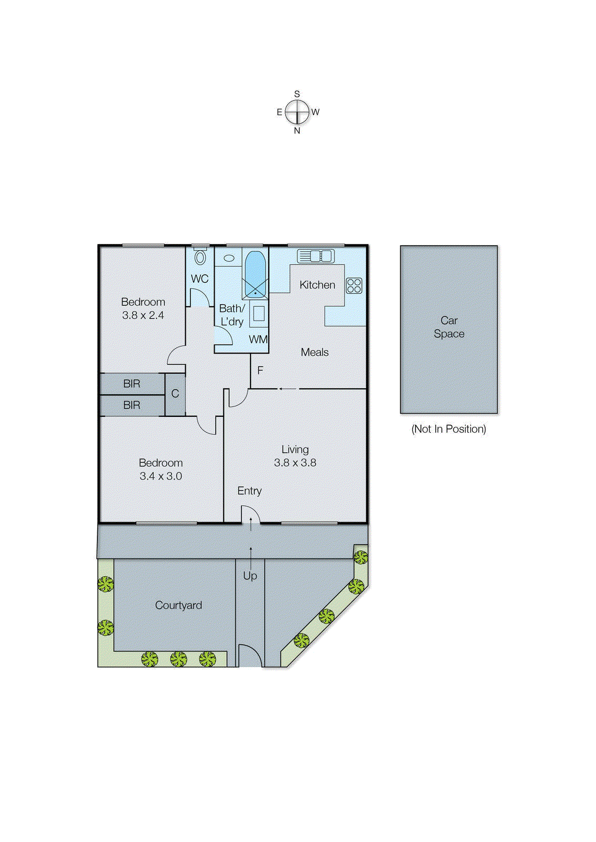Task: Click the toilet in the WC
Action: pos(200,257)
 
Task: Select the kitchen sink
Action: pos(316,256)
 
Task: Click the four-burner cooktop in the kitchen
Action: pos(354,286)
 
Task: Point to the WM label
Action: pos(258,339)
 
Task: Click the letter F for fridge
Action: pos(260,370)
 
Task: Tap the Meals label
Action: pos(315,353)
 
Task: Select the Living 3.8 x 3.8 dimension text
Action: pos(295,463)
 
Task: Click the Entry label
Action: pos(249,491)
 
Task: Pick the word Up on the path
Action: pos(250,576)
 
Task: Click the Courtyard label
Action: pos(178,605)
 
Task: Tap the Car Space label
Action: pos(449,327)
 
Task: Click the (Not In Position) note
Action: pos(449,429)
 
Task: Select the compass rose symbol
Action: pos(298,112)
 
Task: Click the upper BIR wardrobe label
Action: pos(132,384)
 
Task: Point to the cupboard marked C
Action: pos(175,394)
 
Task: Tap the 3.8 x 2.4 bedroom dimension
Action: pos(143,315)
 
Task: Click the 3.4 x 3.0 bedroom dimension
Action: pos(160,476)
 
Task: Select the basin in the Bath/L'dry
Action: pos(229,258)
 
